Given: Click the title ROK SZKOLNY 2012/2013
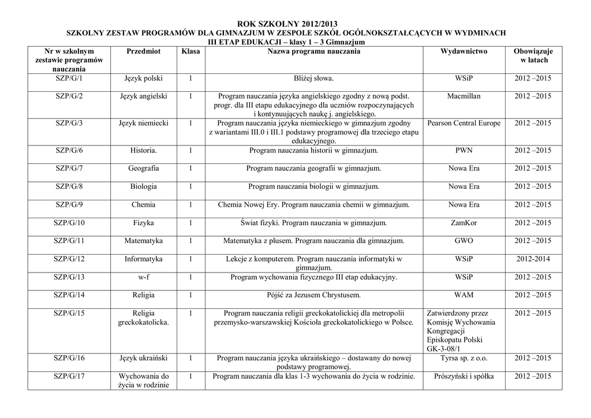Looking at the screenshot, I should pos(286,24).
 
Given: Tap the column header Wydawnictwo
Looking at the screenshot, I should pos(463,51).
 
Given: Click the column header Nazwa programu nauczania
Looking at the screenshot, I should pos(313,51).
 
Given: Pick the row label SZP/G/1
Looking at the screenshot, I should pos(69,78).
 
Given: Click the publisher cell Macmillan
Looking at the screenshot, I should pos(463,96).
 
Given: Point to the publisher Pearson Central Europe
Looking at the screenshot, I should pos(463,123).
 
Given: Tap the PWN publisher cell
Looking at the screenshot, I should pos(463,151).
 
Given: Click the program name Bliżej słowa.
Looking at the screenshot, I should pos(313,78).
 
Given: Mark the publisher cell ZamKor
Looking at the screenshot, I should pos(463,223).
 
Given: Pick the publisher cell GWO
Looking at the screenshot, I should pos(463,241).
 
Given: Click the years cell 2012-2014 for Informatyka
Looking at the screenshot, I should pos(533,259).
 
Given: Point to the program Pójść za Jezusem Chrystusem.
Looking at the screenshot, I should pos(313,295).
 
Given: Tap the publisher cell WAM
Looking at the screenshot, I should pos(463,295).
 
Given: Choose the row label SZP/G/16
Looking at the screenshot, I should pos(69,358).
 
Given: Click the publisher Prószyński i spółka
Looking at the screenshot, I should pos(463,376).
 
